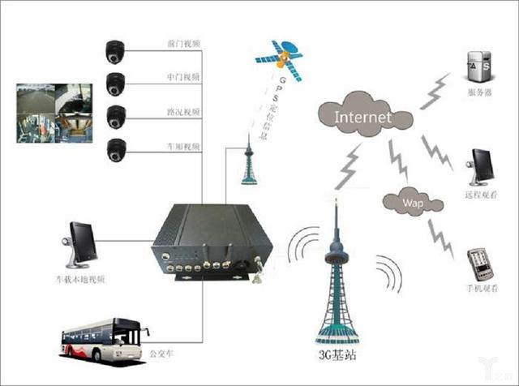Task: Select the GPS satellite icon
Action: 281,56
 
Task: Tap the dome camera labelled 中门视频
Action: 115,84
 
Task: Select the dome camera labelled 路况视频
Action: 115,115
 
